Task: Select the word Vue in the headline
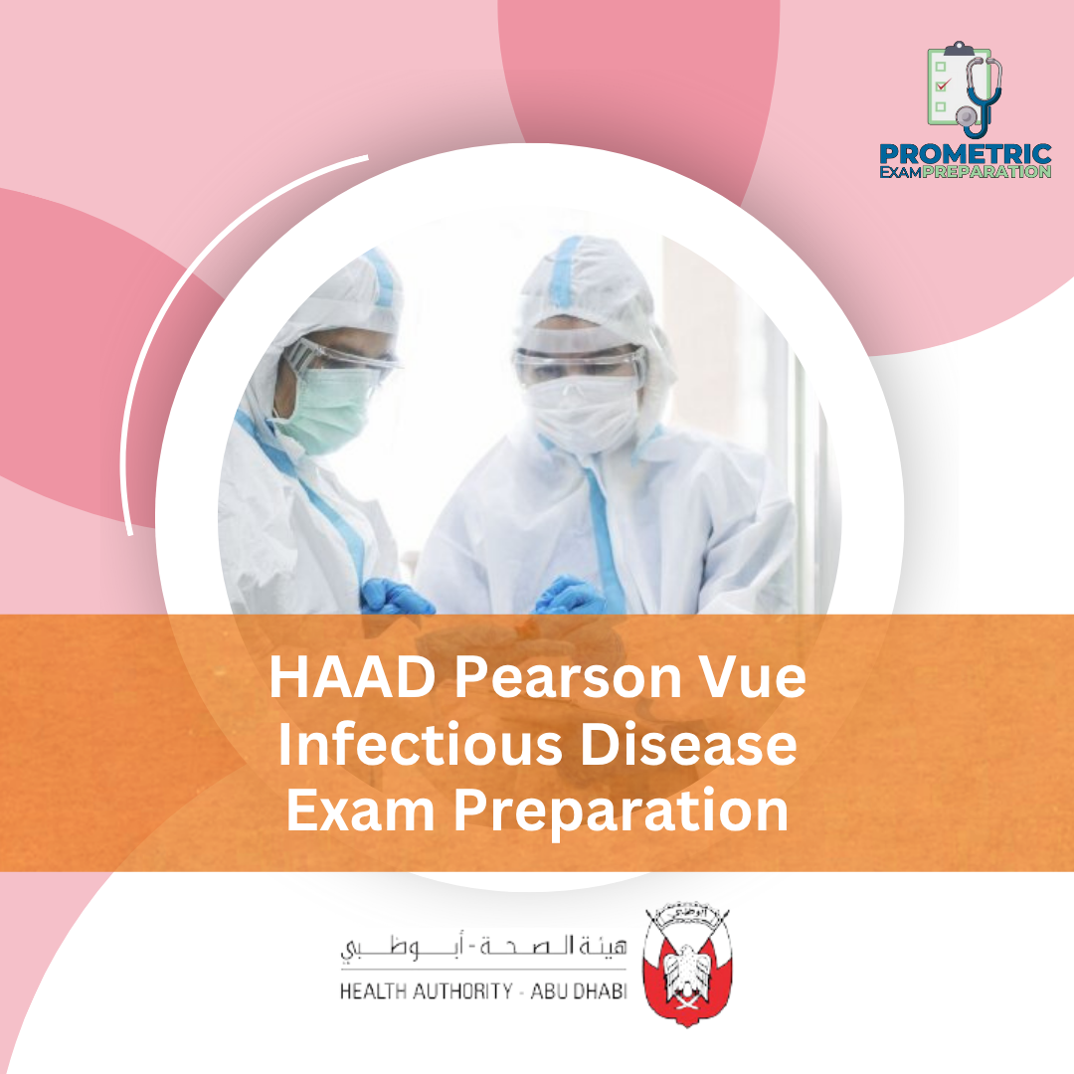pos(758,681)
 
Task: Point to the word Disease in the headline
pos(688,746)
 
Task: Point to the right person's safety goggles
pos(580,364)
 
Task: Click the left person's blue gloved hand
pos(396,597)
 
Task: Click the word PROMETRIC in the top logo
pos(966,154)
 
